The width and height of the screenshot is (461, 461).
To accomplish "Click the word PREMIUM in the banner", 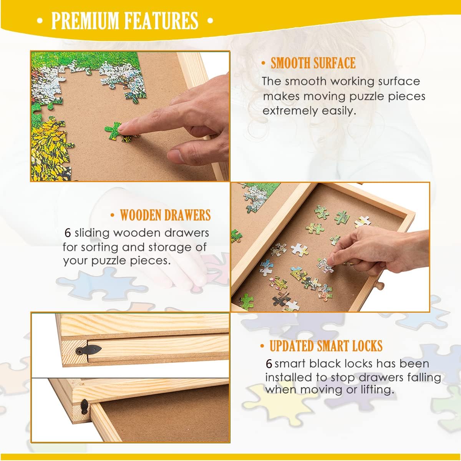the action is (x=85, y=21).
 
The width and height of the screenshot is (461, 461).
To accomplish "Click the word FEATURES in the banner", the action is (x=161, y=21).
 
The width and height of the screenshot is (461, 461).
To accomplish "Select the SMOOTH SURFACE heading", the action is (x=313, y=63).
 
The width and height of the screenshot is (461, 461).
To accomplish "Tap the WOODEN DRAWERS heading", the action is (x=165, y=215).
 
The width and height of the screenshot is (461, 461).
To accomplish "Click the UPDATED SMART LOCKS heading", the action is (x=326, y=346).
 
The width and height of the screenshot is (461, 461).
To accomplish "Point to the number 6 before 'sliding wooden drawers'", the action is (x=68, y=233).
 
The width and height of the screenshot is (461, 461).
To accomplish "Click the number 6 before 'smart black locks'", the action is (x=269, y=364).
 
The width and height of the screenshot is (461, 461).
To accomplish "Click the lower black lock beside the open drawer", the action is (x=85, y=406).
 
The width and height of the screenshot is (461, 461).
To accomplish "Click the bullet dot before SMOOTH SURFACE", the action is (x=264, y=63).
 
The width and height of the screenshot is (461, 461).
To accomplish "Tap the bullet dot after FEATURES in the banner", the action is (x=210, y=21).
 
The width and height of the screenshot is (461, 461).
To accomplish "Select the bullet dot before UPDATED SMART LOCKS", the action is (x=262, y=346).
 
